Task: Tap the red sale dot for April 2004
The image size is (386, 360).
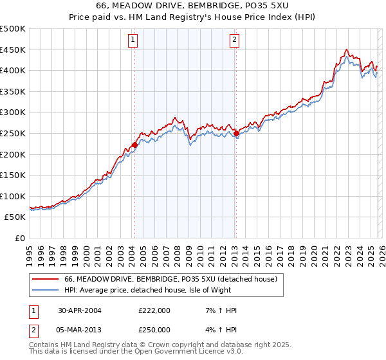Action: pyautogui.click(x=134, y=145)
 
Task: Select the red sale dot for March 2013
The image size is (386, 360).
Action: pyautogui.click(x=236, y=134)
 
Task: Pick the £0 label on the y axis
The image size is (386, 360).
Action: pyautogui.click(x=20, y=238)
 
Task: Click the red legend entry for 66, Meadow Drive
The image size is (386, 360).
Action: pyautogui.click(x=170, y=279)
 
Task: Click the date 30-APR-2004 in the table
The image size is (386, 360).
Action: pyautogui.click(x=79, y=310)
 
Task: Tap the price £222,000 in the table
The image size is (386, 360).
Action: pyautogui.click(x=154, y=310)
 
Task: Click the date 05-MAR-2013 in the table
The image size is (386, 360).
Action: pyautogui.click(x=80, y=330)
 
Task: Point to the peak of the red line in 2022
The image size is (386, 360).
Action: pyautogui.click(x=346, y=50)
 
